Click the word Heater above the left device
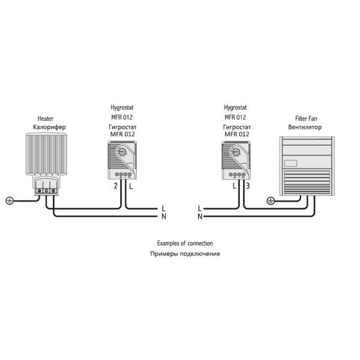coord(46,119)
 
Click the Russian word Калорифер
coord(50,128)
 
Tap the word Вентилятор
coord(305,128)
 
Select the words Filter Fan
coord(306,119)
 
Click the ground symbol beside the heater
coord(9,200)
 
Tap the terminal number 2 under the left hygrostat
coord(115,186)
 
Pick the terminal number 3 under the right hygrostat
coord(247,186)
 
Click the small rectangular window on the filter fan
coord(292,163)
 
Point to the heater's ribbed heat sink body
coord(46,154)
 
